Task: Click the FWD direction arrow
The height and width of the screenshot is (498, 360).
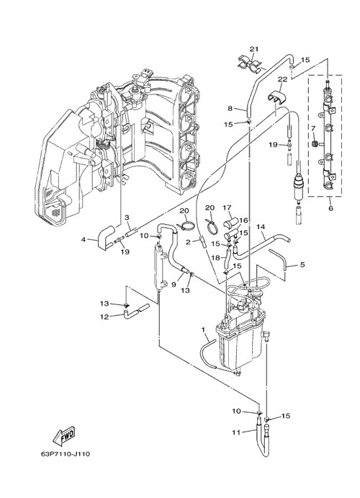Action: click(65, 435)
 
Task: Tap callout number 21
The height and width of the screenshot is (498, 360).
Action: click(254, 49)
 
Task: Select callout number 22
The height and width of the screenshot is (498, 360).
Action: click(282, 79)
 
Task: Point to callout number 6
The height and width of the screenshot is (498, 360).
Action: click(330, 209)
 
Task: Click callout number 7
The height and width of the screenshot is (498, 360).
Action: click(313, 128)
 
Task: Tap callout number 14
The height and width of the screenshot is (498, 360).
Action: click(261, 227)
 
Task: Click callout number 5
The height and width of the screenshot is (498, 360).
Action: click(302, 264)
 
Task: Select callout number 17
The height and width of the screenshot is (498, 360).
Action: click(235, 208)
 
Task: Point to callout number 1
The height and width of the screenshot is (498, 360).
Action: click(203, 330)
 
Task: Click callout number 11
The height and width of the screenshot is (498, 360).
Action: click(236, 432)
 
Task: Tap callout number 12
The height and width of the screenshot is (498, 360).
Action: click(104, 316)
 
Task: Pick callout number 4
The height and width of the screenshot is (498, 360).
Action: click(84, 239)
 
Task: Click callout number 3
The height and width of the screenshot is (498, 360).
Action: click(127, 217)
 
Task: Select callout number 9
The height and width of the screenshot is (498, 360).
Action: click(174, 285)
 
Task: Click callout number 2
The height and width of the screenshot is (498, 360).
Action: click(188, 242)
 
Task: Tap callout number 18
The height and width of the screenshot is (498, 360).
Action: click(216, 257)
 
